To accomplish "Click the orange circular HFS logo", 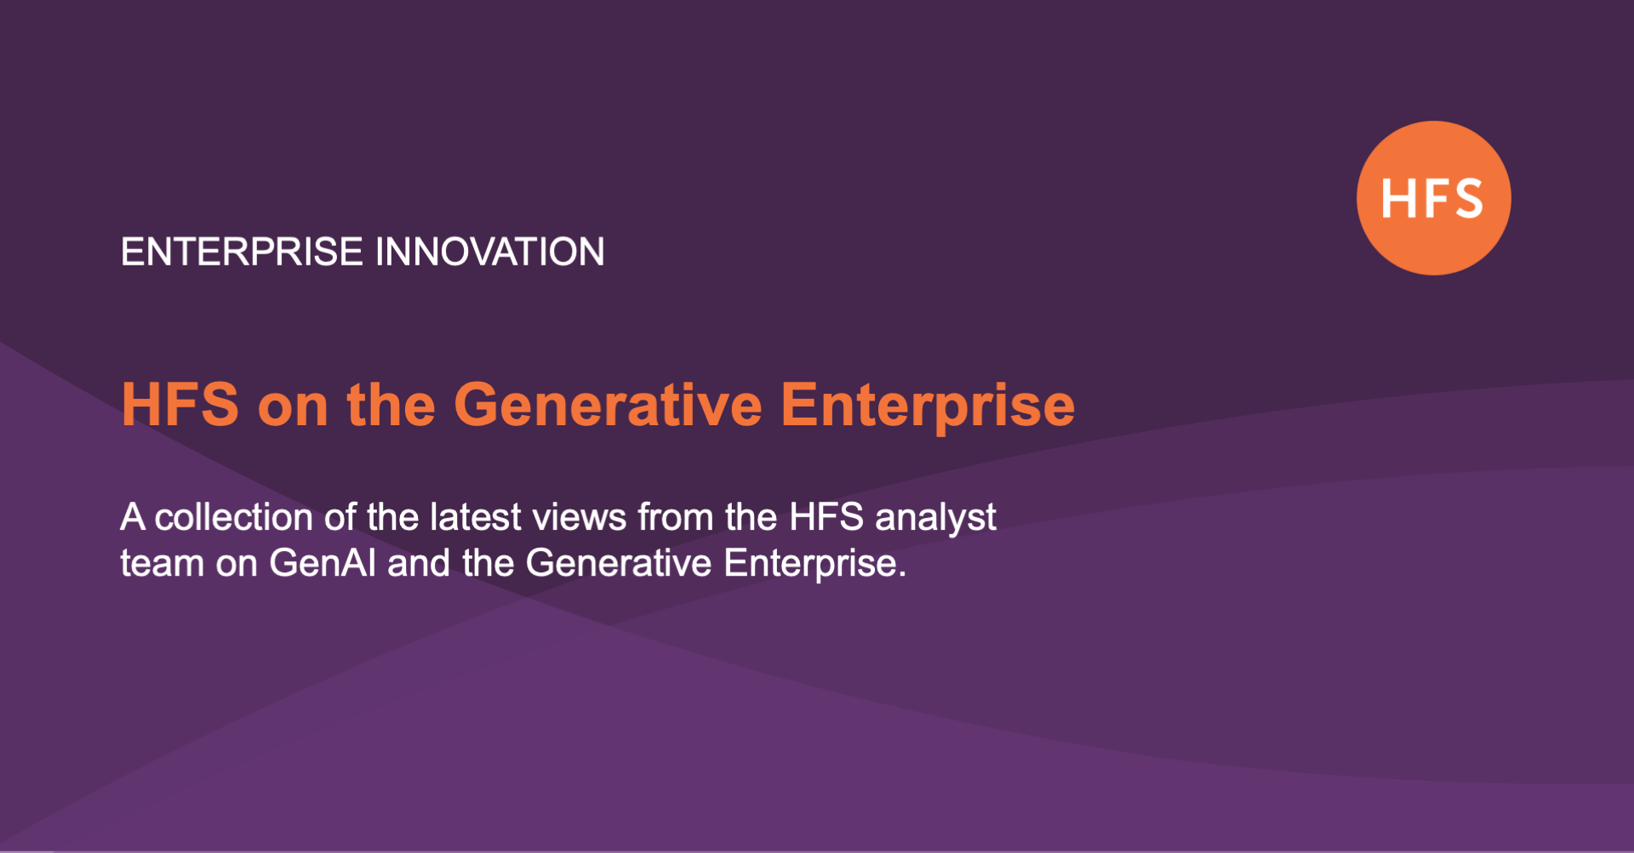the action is click(x=1433, y=198).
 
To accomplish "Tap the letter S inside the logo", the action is click(x=1465, y=198).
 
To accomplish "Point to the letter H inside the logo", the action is click(x=1397, y=198).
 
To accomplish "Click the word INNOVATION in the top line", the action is click(x=489, y=252).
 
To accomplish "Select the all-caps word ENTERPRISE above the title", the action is click(x=242, y=252).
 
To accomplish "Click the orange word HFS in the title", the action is click(x=180, y=404).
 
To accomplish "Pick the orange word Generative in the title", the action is click(x=608, y=404).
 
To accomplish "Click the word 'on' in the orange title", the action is click(x=293, y=409).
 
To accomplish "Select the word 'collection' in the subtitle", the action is click(x=234, y=517).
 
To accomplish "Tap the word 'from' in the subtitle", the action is click(x=676, y=517).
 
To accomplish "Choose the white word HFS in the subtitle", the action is click(x=826, y=517).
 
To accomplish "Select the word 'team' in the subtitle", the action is click(x=163, y=564).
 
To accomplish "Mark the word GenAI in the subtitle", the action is click(x=323, y=563).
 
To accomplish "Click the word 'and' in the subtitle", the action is click(x=419, y=563).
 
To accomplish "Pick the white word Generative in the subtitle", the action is click(x=619, y=563).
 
